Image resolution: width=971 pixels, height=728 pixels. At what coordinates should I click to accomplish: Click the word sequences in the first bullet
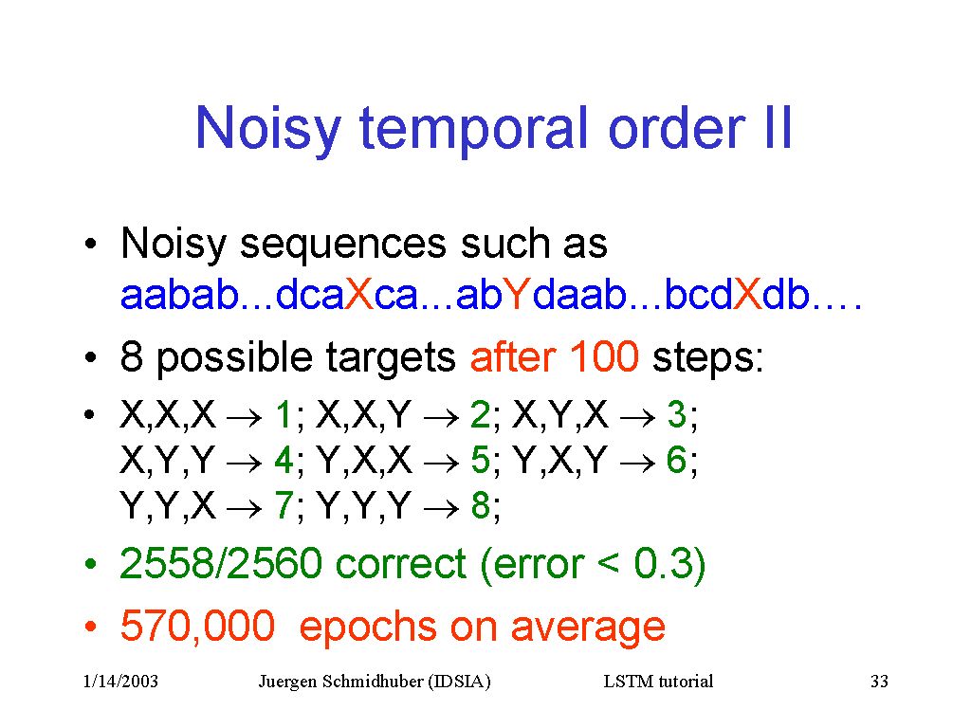(x=342, y=245)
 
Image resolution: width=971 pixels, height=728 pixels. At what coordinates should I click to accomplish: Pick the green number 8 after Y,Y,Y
(x=481, y=505)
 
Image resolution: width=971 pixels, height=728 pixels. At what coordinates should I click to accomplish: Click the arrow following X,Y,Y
(x=245, y=463)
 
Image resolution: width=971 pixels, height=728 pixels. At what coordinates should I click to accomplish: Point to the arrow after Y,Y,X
(x=245, y=509)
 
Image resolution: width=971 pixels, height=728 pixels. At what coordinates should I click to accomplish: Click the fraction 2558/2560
(x=221, y=563)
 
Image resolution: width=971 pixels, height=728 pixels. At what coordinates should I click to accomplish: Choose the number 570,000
(x=197, y=627)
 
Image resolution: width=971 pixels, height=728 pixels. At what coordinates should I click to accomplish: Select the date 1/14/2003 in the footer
(x=120, y=682)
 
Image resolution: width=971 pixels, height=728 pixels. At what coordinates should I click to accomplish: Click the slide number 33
(x=879, y=682)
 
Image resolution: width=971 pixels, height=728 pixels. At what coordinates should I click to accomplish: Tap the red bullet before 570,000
(x=90, y=627)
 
